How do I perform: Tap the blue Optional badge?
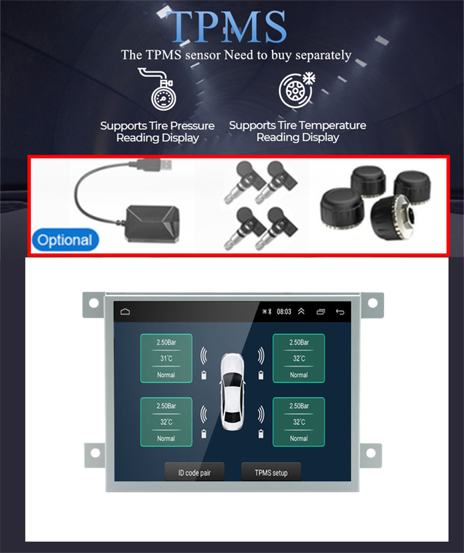(65, 240)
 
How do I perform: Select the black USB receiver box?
(152, 223)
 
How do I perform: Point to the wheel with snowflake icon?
(296, 90)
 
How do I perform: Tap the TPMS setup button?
(271, 472)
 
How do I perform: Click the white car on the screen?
(232, 391)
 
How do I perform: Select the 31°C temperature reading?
(166, 358)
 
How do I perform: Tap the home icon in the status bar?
(125, 311)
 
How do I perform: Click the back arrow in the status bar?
(340, 312)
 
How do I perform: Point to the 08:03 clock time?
(284, 311)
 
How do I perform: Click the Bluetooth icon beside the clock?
(270, 311)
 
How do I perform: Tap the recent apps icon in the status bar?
(321, 312)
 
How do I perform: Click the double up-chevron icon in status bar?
(301, 311)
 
